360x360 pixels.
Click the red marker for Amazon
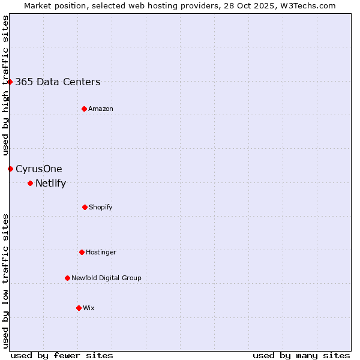[84, 109]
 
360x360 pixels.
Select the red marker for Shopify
[85, 207]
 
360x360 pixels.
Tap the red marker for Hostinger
[82, 252]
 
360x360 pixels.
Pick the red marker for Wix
[79, 308]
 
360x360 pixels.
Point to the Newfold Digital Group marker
[67, 278]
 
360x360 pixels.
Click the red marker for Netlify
[30, 183]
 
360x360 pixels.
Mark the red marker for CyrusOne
[10, 169]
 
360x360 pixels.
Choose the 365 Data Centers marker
[10, 82]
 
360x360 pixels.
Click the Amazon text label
[101, 109]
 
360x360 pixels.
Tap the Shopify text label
[101, 208]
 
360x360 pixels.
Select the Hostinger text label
[101, 253]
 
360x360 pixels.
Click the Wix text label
[89, 308]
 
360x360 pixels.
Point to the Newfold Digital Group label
[106, 278]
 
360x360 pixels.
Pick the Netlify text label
[50, 184]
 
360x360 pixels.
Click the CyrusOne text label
[39, 169]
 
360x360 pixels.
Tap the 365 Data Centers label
[58, 82]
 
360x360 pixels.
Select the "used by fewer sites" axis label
[62, 355]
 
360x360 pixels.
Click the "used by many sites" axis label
[301, 355]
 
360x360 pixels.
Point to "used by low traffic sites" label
[5, 280]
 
